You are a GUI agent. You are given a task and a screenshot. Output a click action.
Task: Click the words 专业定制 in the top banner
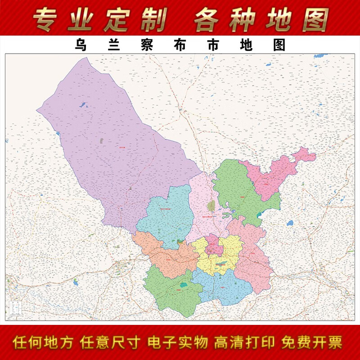100,19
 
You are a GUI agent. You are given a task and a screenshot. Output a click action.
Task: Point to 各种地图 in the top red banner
261,19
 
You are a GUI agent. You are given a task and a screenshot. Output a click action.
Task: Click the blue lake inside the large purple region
83,105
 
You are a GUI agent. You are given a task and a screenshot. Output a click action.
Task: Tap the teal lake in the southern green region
184,285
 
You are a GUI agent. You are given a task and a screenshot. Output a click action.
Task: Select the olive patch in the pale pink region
211,207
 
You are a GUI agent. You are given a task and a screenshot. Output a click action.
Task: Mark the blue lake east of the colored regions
290,223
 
